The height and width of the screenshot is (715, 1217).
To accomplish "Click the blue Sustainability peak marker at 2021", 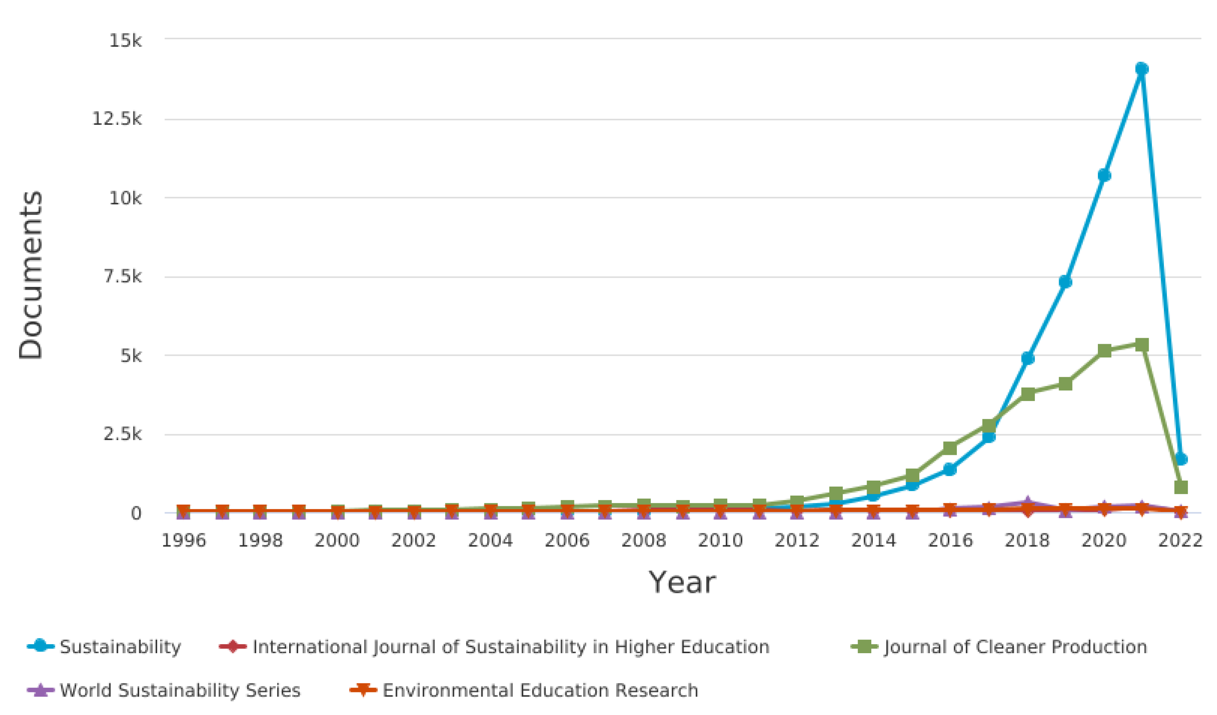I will (x=1142, y=69).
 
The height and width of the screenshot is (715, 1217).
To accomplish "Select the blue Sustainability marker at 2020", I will (x=1104, y=175).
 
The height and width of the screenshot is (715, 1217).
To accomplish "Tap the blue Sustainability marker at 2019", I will (x=1065, y=282).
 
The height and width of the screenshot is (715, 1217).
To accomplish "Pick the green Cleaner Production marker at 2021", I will (x=1142, y=345).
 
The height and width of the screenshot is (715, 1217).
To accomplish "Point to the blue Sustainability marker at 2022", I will (x=1181, y=459).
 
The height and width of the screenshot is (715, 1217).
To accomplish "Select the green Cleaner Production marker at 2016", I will (x=950, y=448).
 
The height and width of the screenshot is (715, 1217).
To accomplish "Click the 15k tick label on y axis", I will (x=125, y=41).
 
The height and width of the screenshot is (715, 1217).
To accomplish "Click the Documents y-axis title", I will (x=31, y=275).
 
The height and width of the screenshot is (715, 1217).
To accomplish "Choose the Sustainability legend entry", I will (x=120, y=646).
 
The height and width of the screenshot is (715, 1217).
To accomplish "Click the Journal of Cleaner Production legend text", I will (x=1015, y=646).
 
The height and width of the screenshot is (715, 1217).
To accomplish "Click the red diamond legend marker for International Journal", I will (x=233, y=646).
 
